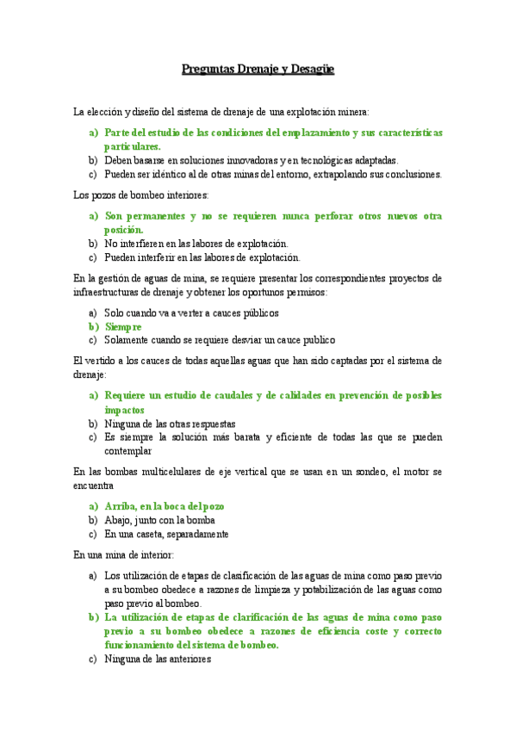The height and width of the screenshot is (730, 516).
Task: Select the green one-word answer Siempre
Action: tap(123, 327)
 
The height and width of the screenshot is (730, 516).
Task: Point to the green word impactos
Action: tap(125, 410)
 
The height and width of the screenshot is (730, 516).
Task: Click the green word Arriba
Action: tap(122, 506)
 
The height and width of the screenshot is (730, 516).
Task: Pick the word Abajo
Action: tap(120, 520)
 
